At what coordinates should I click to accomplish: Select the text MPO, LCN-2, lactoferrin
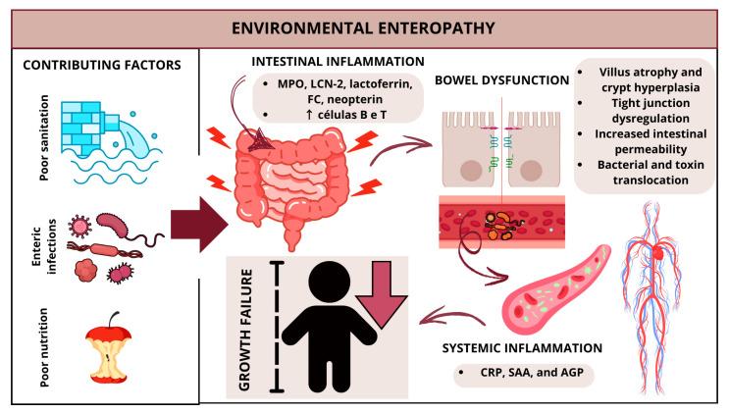point(336,84)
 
